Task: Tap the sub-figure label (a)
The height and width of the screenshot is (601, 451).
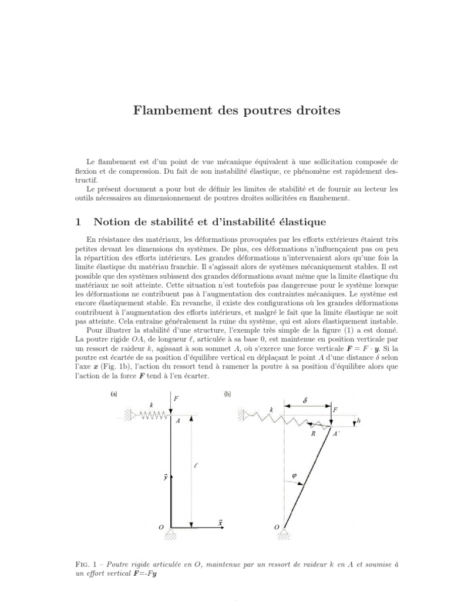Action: (115, 395)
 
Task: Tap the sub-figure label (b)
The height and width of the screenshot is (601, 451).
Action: (228, 395)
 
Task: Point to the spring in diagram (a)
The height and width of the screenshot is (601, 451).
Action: (150, 414)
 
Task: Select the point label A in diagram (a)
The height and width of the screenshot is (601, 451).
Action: (177, 421)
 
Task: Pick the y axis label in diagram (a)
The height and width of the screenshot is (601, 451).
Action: (167, 478)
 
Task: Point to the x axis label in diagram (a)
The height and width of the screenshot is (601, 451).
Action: (220, 521)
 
